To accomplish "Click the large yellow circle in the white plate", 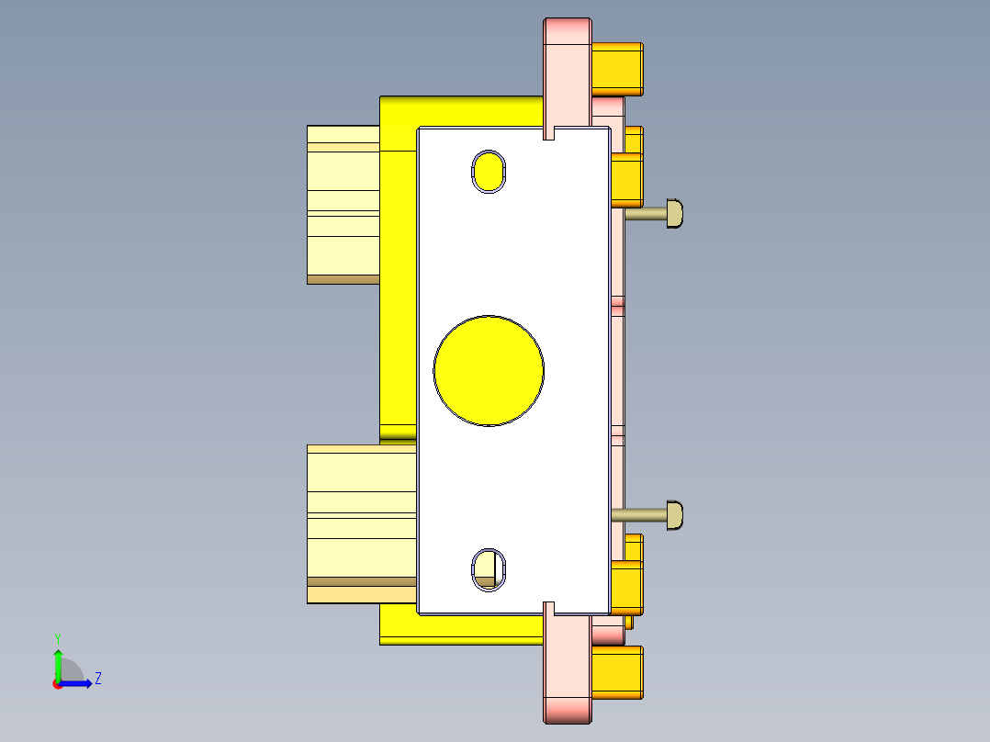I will click(489, 371).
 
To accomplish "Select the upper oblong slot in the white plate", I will click(489, 171).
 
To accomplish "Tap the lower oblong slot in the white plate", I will click(489, 568).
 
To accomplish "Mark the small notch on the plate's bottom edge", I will click(549, 608).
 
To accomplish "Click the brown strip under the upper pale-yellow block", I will click(343, 279).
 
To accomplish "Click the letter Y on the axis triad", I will click(57, 637).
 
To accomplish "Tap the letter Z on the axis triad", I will click(97, 679).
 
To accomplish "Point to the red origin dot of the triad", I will click(57, 684).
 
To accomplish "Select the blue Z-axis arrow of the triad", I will click(79, 683).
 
